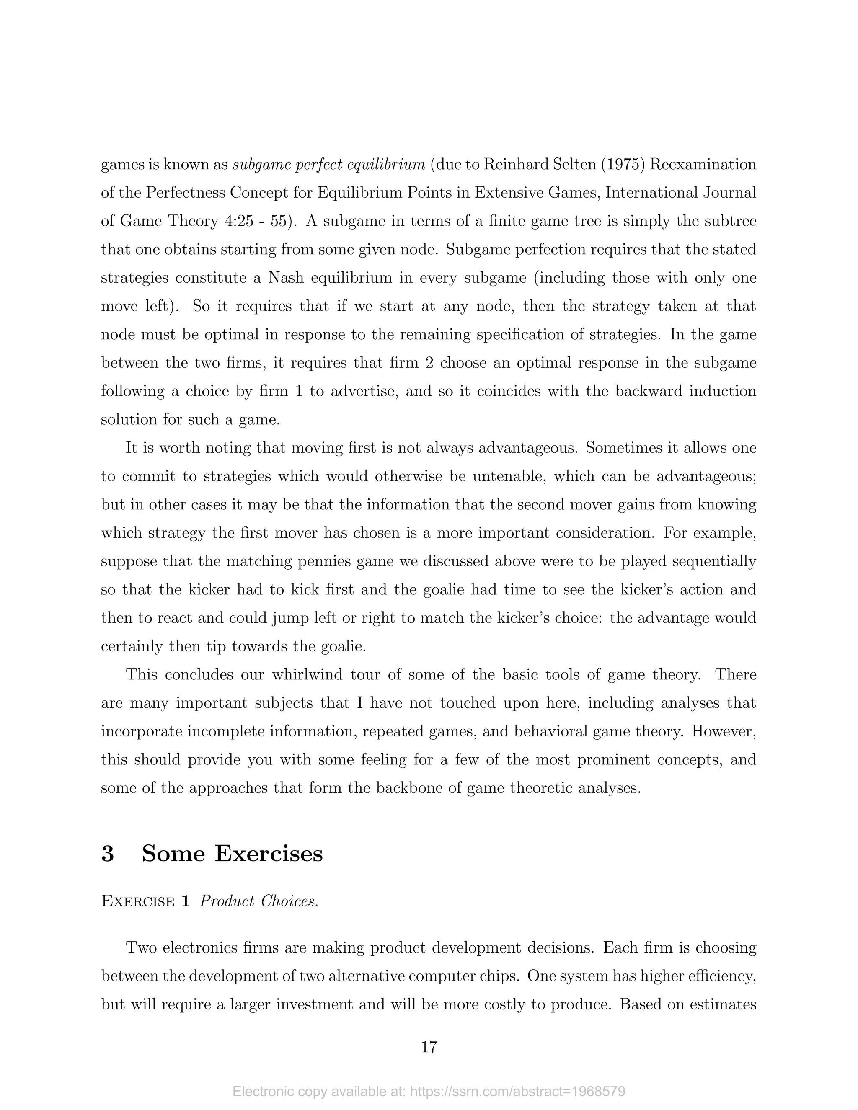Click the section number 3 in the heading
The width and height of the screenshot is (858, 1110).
click(x=108, y=853)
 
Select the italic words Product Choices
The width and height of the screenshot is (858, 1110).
click(x=259, y=901)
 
